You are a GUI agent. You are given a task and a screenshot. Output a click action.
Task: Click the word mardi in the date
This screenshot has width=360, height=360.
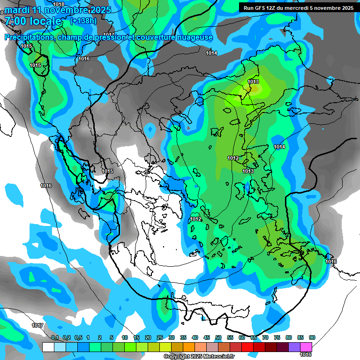point(17,10)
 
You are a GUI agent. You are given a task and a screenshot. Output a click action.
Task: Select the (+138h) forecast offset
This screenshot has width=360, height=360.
point(83,21)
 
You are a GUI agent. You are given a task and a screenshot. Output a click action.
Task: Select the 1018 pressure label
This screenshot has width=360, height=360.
point(59,4)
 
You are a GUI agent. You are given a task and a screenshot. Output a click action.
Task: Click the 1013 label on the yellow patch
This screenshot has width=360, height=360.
point(253,82)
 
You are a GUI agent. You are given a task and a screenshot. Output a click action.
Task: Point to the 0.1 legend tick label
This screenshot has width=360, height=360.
point(54,338)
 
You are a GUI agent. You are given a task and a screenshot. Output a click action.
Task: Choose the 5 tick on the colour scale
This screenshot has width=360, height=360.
point(112,338)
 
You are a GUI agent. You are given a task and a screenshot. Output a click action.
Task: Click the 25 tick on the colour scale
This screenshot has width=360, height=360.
point(160,338)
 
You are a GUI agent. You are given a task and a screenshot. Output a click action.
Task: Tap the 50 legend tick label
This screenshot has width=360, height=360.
point(218,338)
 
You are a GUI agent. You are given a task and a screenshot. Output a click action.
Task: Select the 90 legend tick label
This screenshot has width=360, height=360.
point(312,338)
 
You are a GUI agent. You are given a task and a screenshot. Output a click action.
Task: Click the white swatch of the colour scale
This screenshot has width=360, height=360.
point(48,347)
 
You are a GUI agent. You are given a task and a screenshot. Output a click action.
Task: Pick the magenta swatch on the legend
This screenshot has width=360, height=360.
point(306,347)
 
